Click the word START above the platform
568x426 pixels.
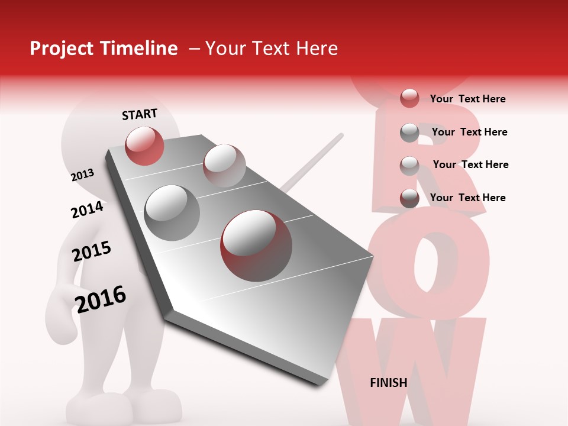click(x=140, y=114)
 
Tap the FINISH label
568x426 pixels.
click(x=388, y=383)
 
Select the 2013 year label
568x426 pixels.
click(x=82, y=175)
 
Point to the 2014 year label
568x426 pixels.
click(x=87, y=209)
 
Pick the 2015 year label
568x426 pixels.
click(x=92, y=251)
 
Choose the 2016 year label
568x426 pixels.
click(x=101, y=299)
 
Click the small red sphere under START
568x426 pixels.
click(x=144, y=146)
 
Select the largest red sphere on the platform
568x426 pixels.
click(x=256, y=245)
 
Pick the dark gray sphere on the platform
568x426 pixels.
click(x=172, y=212)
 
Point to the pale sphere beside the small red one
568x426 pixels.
click(x=224, y=165)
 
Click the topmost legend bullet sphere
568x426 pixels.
click(x=409, y=98)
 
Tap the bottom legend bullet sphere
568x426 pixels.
click(x=409, y=198)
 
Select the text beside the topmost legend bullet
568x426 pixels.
click(x=467, y=99)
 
